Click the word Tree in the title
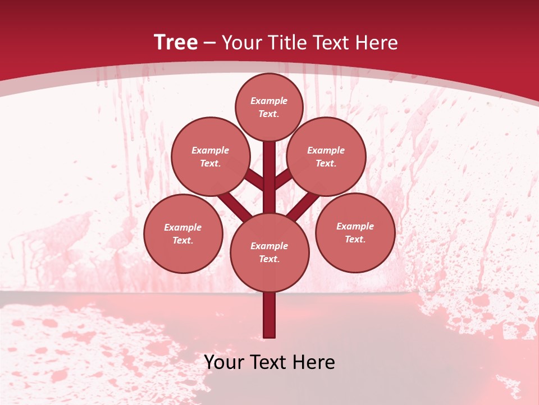point(176,42)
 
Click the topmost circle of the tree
point(269,107)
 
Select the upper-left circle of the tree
point(211,156)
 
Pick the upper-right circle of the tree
point(326,156)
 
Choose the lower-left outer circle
point(183,233)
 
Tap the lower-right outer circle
point(355,232)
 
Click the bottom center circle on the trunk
point(269,252)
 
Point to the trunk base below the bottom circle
point(269,315)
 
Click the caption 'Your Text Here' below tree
point(269,362)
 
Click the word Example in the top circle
point(269,101)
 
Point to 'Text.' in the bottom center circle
point(269,259)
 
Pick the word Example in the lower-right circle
point(355,226)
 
